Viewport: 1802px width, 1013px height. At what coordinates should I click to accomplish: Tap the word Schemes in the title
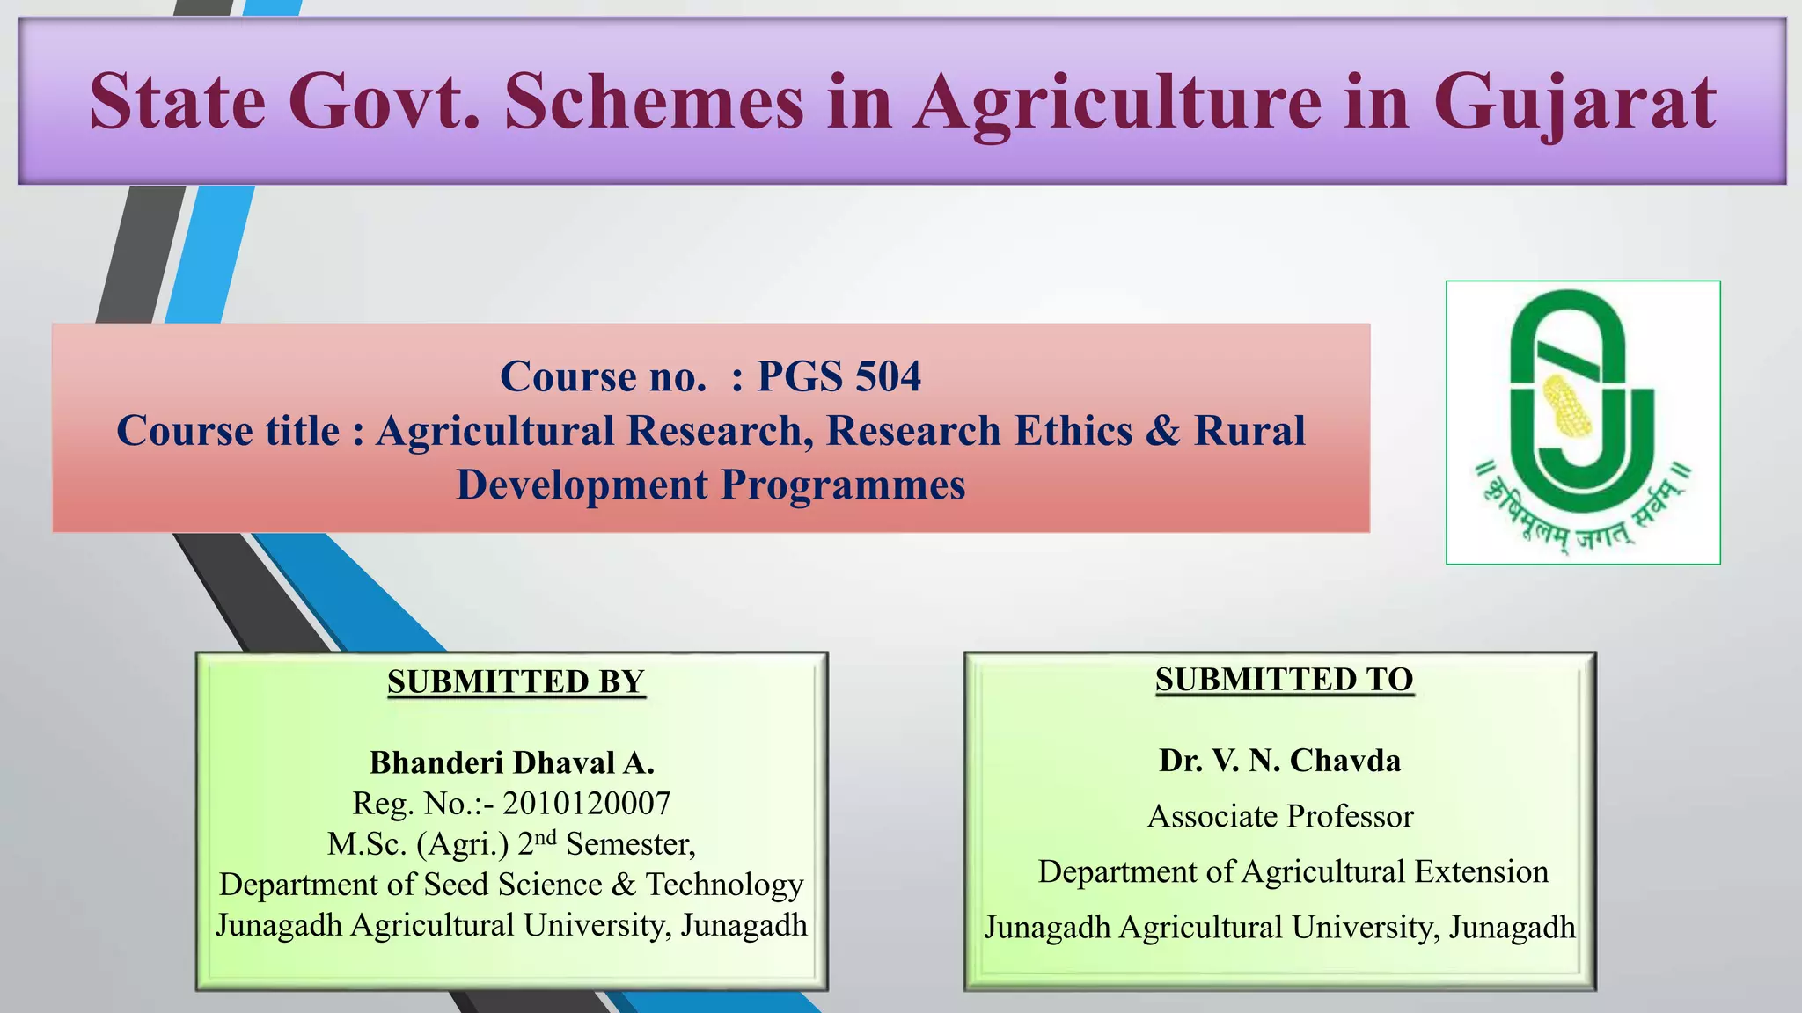(x=654, y=102)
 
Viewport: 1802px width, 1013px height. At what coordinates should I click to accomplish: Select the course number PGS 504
(x=839, y=376)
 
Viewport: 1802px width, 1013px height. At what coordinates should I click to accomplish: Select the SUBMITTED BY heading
(x=516, y=682)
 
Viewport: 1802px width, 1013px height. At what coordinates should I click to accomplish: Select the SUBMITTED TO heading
(x=1284, y=680)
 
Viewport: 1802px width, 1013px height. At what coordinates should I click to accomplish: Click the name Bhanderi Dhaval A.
(x=511, y=762)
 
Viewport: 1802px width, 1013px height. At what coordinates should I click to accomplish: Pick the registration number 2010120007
(x=586, y=803)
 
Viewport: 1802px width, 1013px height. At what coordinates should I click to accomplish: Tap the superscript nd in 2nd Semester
(x=546, y=836)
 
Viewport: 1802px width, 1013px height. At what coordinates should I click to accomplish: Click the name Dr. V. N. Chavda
(x=1279, y=761)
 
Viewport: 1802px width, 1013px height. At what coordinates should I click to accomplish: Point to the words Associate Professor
(x=1280, y=816)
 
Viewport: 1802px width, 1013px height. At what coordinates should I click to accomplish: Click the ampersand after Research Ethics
(x=1162, y=431)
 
